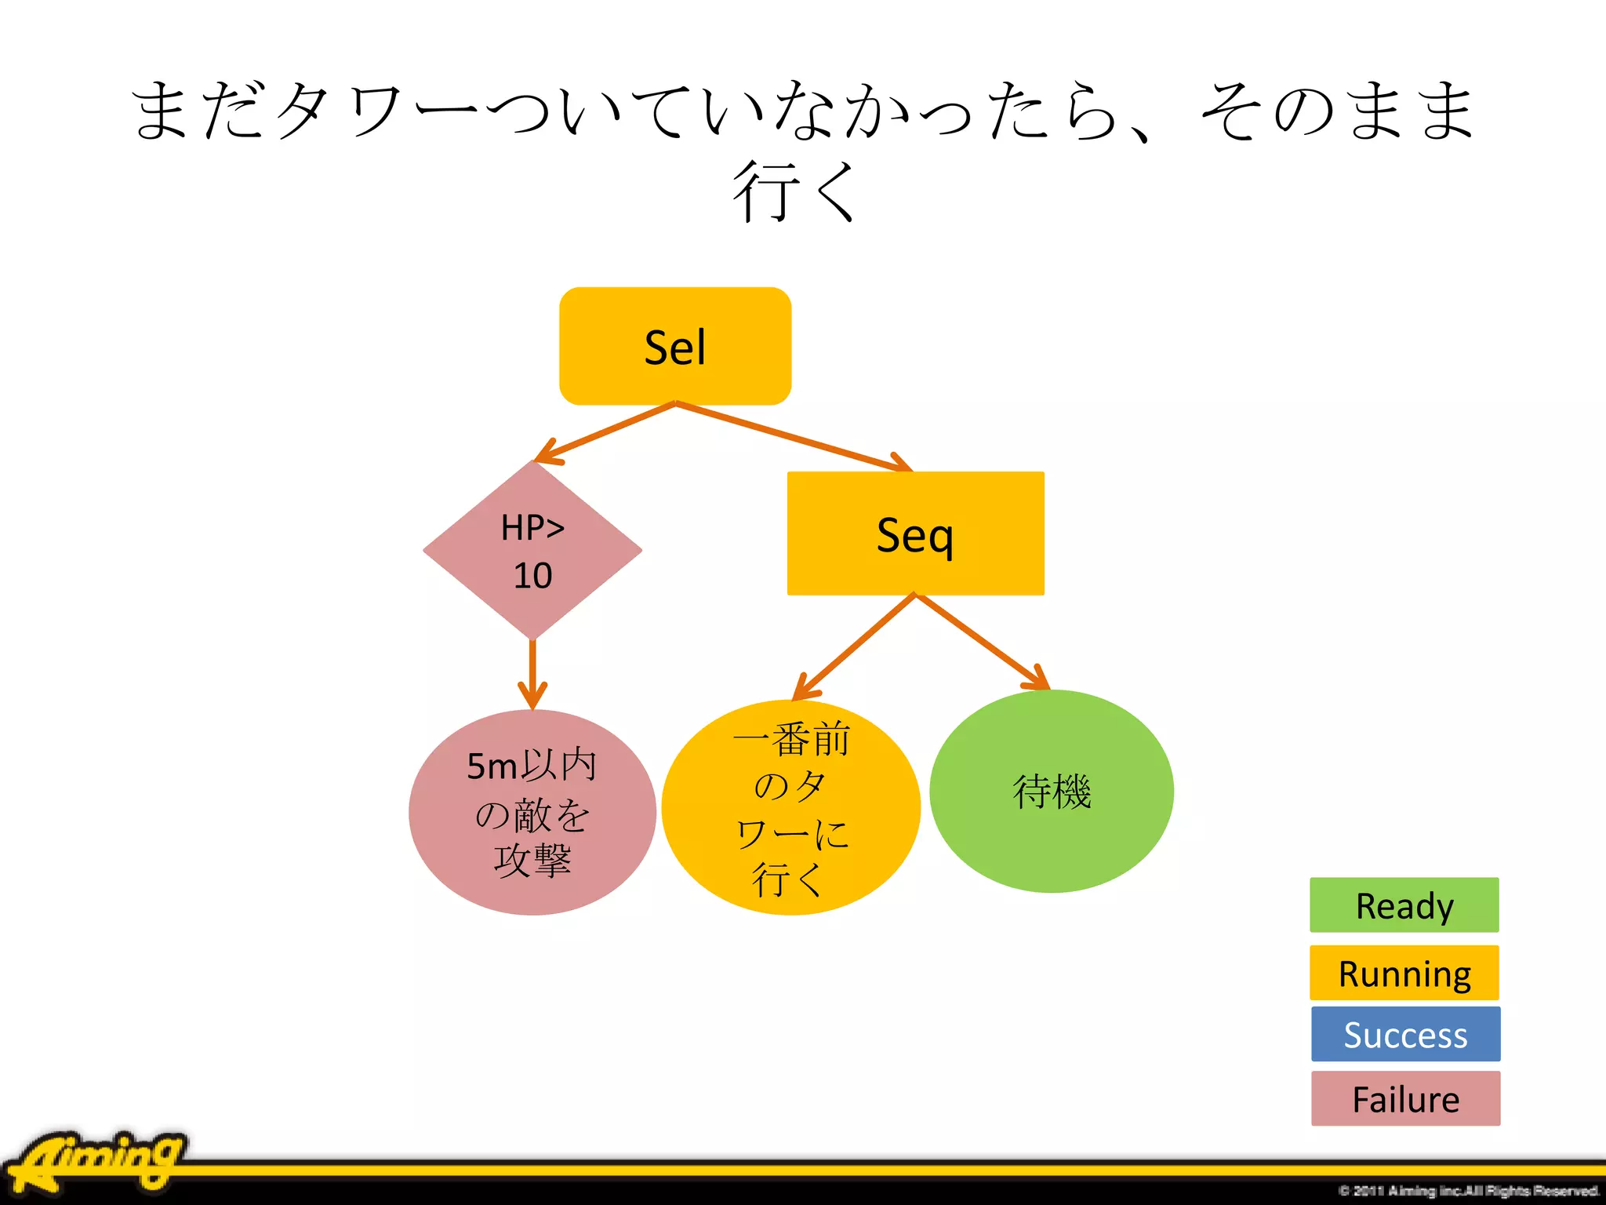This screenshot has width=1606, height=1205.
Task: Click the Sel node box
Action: (674, 346)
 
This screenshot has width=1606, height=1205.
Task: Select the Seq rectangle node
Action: (915, 533)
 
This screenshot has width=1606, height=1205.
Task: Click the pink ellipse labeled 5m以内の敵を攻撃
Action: (532, 812)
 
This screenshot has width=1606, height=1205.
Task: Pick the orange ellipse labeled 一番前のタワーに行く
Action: (790, 808)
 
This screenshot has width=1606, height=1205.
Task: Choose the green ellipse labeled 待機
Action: (1051, 791)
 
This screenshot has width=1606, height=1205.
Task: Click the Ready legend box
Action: (1404, 905)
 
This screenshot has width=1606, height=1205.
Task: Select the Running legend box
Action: (1404, 973)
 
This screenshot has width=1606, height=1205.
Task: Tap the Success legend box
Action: (1405, 1034)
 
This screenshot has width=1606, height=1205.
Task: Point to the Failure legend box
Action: (1405, 1098)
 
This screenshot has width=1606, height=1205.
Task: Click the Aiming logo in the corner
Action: (98, 1161)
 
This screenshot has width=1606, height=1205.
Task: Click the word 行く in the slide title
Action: (794, 191)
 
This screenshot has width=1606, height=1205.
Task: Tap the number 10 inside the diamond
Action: (532, 576)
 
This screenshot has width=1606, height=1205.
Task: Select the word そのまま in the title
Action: (1337, 111)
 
